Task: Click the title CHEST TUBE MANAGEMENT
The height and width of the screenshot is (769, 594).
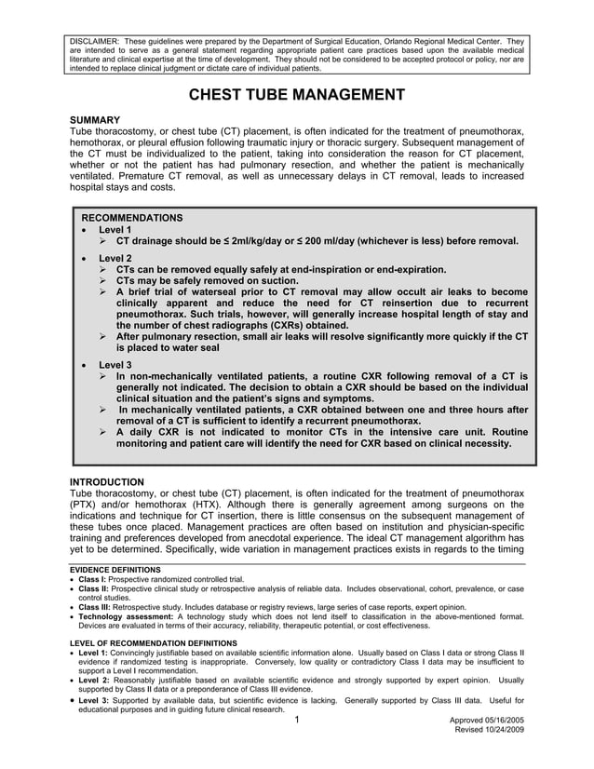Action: pos(297,95)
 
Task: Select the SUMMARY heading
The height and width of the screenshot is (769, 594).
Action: pos(95,120)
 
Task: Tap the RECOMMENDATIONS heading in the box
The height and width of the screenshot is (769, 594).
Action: pos(132,217)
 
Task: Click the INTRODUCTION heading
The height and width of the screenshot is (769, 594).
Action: pos(109,480)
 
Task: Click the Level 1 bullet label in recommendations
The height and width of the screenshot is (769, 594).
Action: pos(115,229)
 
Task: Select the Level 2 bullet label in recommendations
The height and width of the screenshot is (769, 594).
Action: pos(115,258)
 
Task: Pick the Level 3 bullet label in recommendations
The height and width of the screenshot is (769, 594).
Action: pos(115,364)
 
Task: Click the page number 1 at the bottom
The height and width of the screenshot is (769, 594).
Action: pos(295,721)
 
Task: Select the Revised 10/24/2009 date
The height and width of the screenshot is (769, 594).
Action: pos(488,732)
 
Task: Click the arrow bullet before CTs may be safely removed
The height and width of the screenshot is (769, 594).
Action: pos(103,280)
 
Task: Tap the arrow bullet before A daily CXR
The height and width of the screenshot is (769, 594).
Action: pos(103,432)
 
